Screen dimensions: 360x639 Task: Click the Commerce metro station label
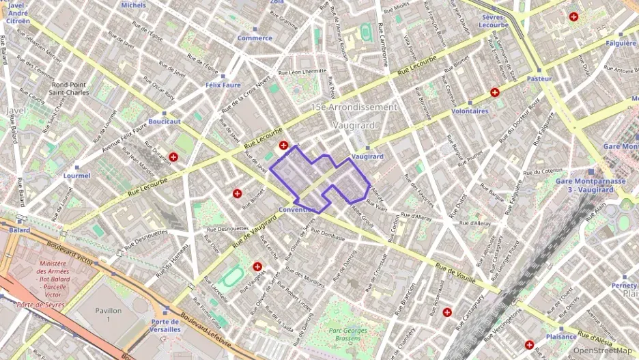click(x=254, y=38)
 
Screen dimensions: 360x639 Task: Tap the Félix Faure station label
click(x=223, y=85)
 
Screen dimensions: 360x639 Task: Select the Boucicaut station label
click(x=165, y=122)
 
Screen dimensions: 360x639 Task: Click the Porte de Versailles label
click(x=166, y=325)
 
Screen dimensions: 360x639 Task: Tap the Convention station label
click(x=298, y=210)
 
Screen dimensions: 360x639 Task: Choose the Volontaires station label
click(x=470, y=111)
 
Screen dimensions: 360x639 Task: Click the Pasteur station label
click(x=539, y=79)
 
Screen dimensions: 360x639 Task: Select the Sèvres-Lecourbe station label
click(x=494, y=20)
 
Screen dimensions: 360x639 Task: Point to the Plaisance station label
click(x=562, y=337)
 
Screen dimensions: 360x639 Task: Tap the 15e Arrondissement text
click(x=353, y=107)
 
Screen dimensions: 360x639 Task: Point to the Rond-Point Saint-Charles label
click(x=73, y=89)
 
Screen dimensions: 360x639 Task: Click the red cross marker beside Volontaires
click(x=495, y=92)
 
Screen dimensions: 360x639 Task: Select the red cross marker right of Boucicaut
click(x=174, y=157)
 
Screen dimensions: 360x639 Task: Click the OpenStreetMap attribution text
click(x=603, y=350)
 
